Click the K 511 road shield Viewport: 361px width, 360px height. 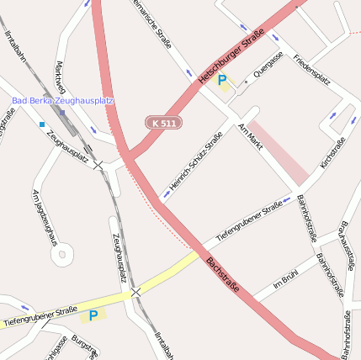click(x=164, y=123)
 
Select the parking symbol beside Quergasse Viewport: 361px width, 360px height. click(x=222, y=81)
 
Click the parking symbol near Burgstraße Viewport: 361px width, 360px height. click(x=93, y=315)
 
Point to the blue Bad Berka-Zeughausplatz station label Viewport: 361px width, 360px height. click(x=63, y=101)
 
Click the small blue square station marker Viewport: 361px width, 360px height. click(x=41, y=124)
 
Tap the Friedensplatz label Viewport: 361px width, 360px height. click(x=311, y=69)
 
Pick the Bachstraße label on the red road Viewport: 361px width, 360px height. click(x=223, y=275)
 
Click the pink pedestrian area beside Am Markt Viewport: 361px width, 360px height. click(x=278, y=151)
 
